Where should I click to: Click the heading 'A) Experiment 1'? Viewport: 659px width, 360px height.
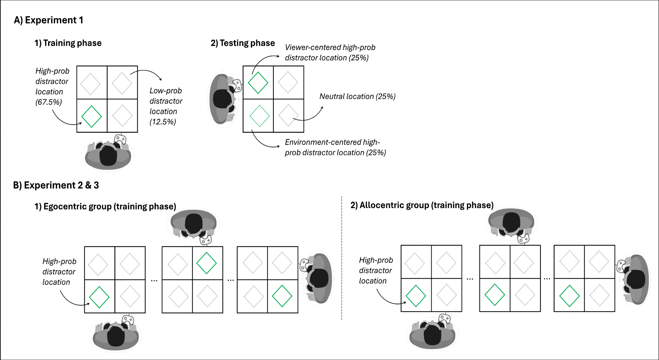click(x=48, y=20)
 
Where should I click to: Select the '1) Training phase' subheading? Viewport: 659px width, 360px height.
click(x=68, y=43)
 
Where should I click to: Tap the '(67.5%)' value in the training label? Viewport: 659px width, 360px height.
click(x=49, y=102)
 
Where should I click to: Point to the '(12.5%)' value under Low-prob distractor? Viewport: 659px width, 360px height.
click(x=163, y=122)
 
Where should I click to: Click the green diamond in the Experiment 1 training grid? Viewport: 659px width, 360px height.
click(x=91, y=117)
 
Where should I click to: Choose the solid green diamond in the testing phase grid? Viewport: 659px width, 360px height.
click(x=258, y=83)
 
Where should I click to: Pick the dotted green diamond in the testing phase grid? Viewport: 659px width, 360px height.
click(x=259, y=116)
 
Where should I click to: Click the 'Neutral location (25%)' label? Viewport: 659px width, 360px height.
click(x=357, y=97)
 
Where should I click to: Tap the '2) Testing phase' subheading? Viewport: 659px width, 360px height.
click(x=243, y=43)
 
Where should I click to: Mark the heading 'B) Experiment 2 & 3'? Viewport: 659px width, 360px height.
click(x=56, y=185)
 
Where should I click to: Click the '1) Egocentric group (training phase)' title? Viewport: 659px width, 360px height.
click(x=105, y=207)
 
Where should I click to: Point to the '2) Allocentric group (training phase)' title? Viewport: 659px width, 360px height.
click(x=422, y=205)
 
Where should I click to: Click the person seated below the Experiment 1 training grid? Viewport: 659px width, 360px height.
click(x=108, y=154)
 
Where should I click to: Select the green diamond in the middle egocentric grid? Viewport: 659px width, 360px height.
click(x=206, y=263)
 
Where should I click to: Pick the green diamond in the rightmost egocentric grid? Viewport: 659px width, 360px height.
click(x=282, y=296)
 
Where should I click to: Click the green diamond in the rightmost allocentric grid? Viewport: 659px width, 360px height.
click(x=569, y=296)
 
